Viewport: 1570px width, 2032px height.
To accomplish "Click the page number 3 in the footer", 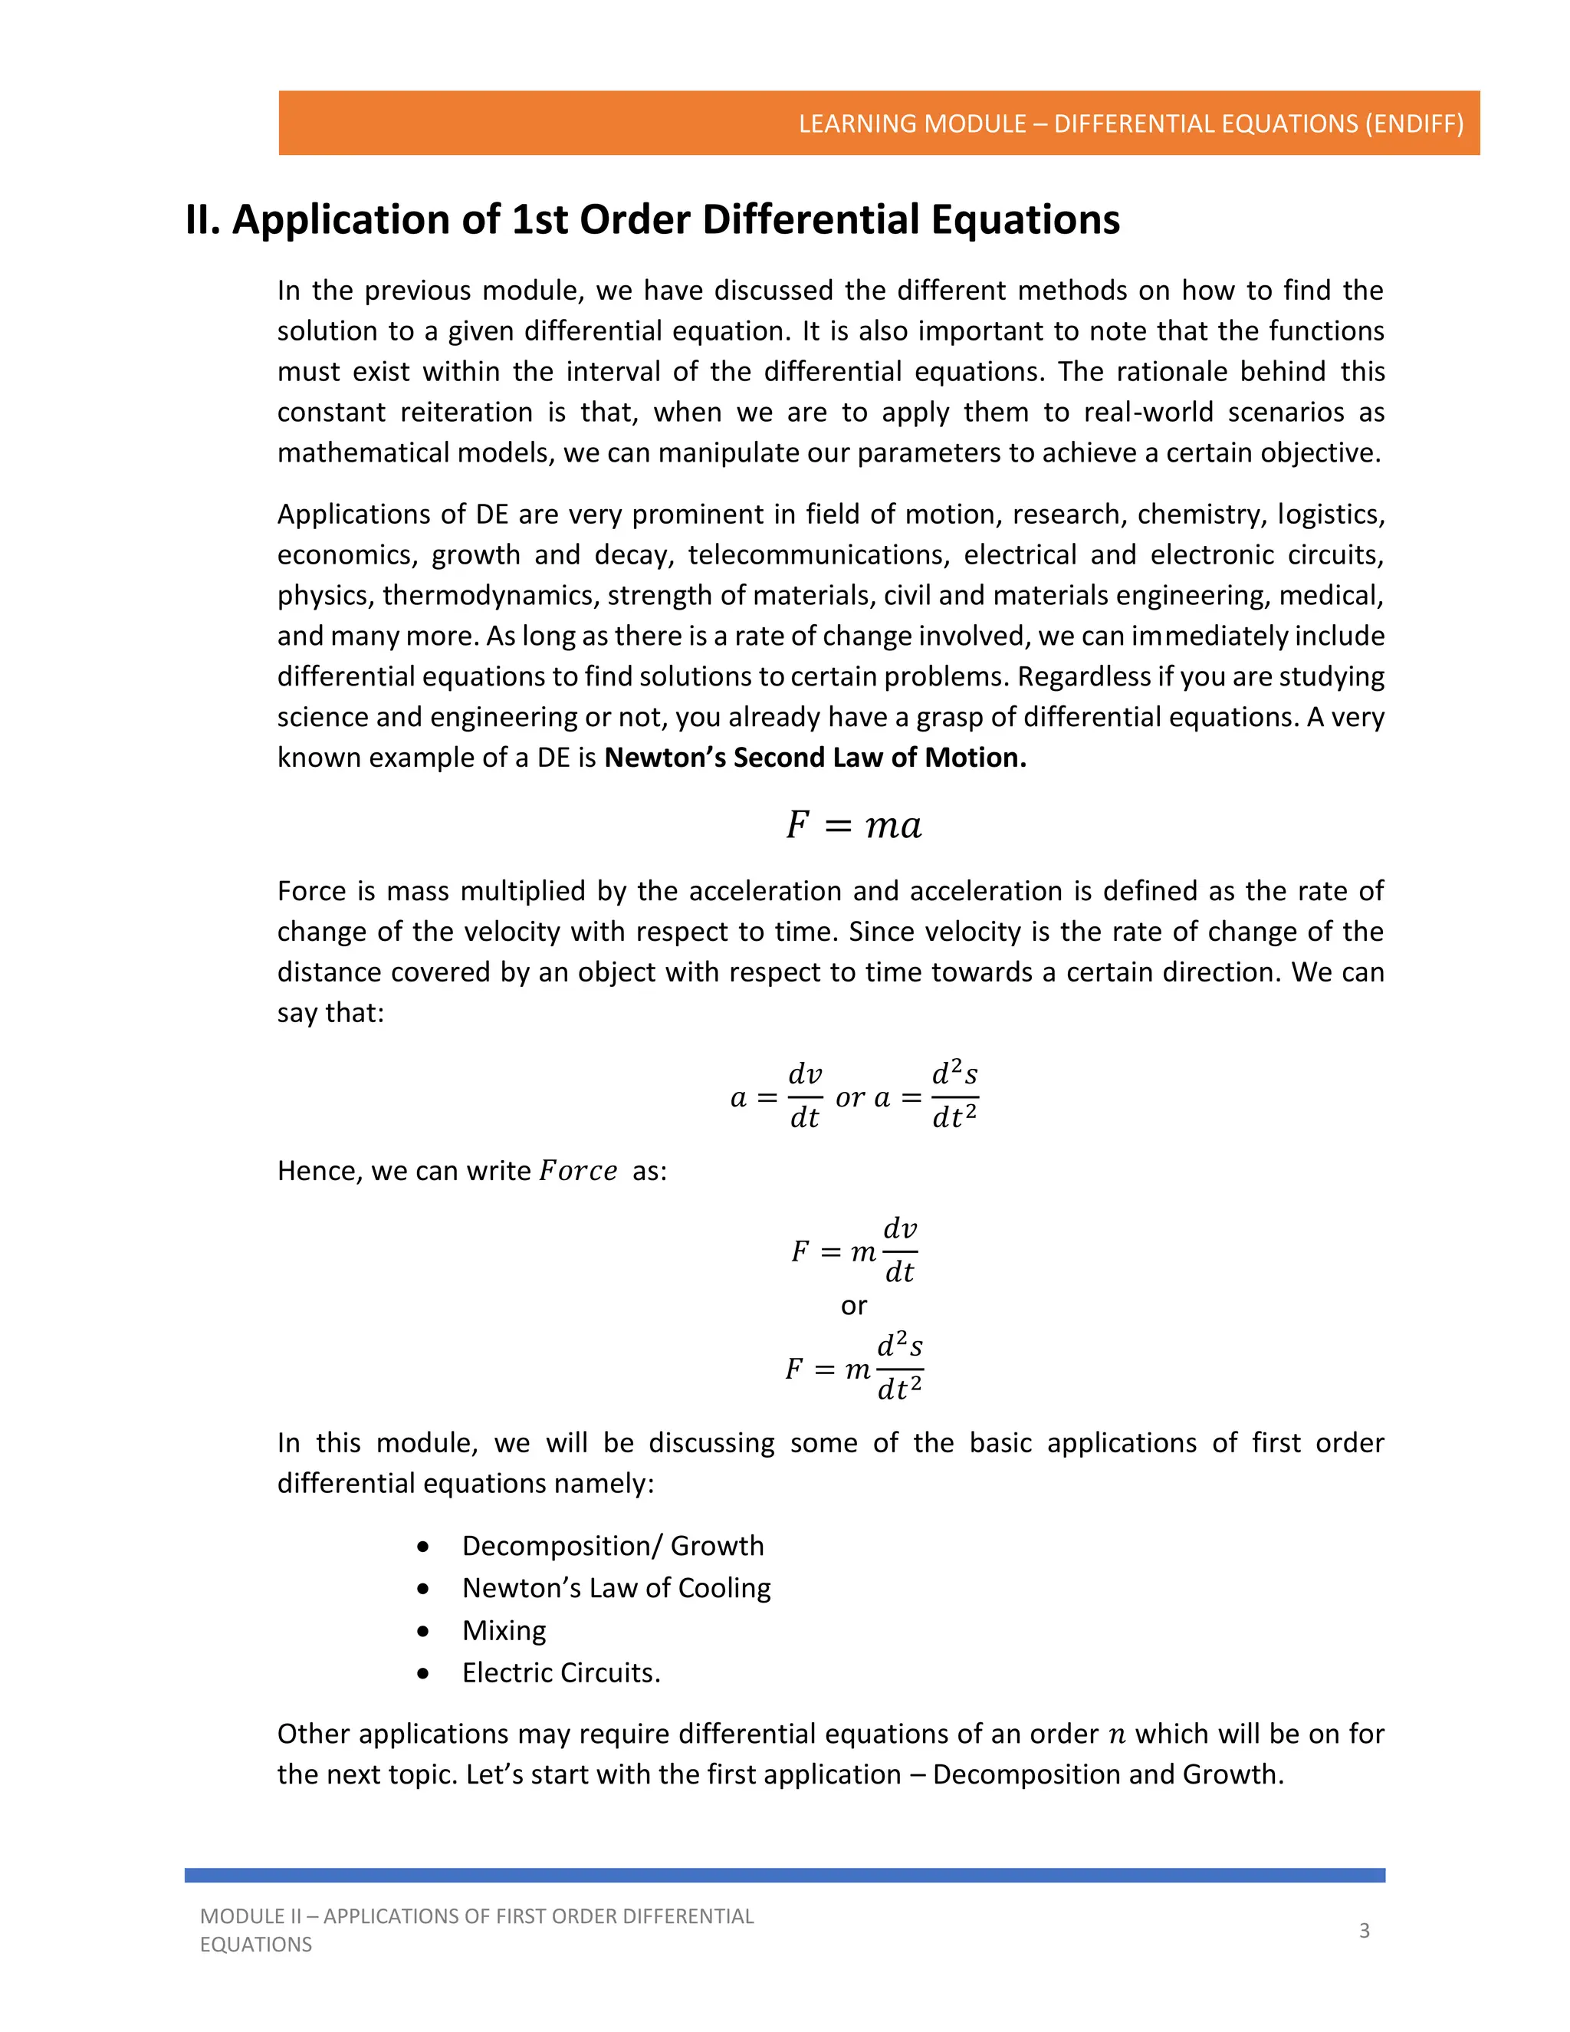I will pos(1364,1931).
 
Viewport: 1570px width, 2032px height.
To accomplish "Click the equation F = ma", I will pos(853,825).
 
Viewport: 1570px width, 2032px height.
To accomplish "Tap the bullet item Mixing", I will pos(504,1630).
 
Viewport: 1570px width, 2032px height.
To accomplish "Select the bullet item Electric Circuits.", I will pos(561,1673).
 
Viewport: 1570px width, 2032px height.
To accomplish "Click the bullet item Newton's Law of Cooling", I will pos(616,1588).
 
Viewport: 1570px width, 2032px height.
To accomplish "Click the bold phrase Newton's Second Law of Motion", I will pos(815,758).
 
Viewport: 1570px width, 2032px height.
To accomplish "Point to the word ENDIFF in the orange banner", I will pos(1414,123).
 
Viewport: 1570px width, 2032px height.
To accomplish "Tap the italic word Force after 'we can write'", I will pos(577,1170).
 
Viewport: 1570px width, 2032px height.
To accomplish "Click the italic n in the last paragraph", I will pos(1116,1734).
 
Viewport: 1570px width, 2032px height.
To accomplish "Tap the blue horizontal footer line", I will pos(784,1875).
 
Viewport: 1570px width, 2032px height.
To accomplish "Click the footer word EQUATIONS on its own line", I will pos(256,1945).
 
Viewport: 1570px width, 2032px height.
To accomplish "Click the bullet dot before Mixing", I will pos(423,1631).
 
